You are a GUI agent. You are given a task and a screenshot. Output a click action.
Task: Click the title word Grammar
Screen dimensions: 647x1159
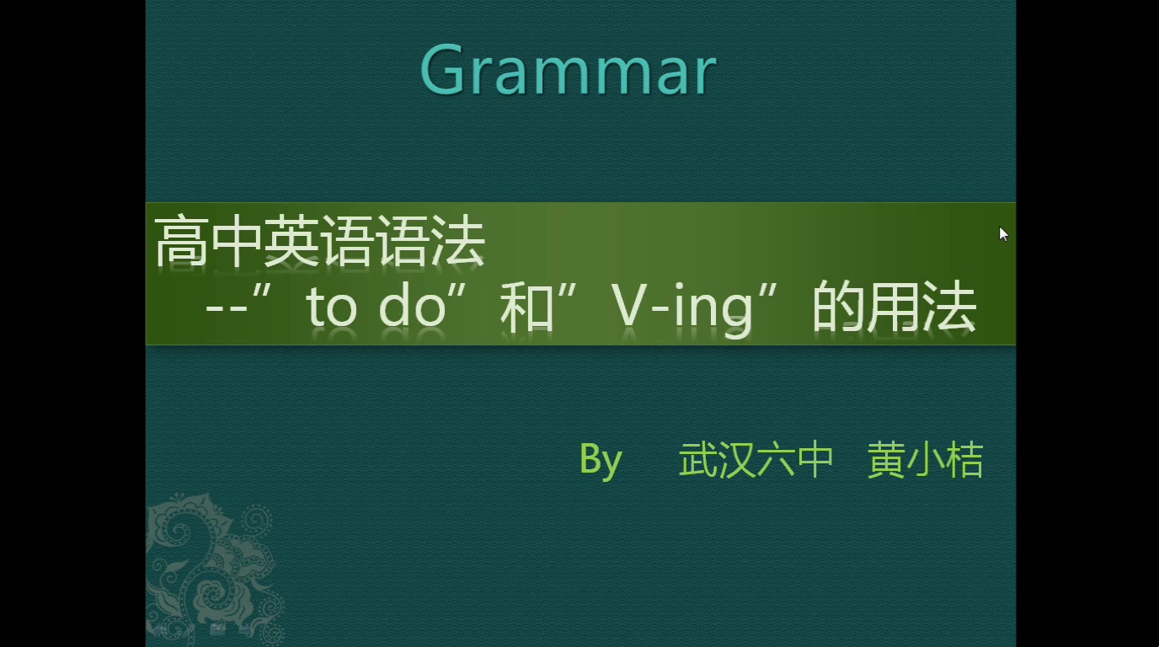pyautogui.click(x=568, y=71)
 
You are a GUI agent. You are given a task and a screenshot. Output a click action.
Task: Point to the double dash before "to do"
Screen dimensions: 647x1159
pyautogui.click(x=224, y=308)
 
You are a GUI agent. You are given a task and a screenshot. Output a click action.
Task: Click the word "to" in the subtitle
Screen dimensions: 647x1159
pyautogui.click(x=332, y=308)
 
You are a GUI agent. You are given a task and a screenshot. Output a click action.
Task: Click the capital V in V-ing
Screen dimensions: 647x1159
pyautogui.click(x=633, y=308)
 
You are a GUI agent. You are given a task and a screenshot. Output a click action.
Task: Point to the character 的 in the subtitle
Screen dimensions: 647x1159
pyautogui.click(x=838, y=308)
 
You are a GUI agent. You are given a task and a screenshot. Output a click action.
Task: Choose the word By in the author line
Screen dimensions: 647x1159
pyautogui.click(x=601, y=460)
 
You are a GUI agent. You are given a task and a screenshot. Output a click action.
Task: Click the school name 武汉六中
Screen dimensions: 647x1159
pyautogui.click(x=756, y=460)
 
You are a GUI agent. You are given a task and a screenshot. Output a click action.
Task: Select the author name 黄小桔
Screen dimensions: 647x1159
pyautogui.click(x=925, y=460)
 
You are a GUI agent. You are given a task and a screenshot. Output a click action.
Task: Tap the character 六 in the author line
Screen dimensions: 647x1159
pyautogui.click(x=776, y=460)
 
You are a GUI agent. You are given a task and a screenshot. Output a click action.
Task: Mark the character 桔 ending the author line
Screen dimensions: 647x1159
pyautogui.click(x=964, y=460)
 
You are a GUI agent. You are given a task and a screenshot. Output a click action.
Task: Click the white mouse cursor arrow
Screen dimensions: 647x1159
pyautogui.click(x=1003, y=234)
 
